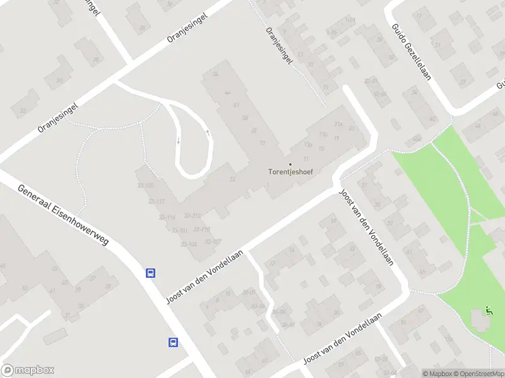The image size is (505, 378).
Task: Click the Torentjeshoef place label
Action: coord(291,171)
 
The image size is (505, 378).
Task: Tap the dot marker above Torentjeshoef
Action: coord(290,164)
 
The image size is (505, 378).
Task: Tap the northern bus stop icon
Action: coord(151,273)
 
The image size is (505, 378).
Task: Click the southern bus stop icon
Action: coord(173,343)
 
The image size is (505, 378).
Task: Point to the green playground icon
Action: coord(488,310)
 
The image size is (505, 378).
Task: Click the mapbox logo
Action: coord(28,370)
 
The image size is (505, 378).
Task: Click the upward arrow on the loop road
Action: coord(208,133)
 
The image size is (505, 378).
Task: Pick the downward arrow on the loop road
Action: coord(178,140)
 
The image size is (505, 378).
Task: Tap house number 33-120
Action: coord(146,186)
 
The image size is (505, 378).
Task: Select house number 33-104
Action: coord(189,244)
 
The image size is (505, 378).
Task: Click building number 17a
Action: coord(323,134)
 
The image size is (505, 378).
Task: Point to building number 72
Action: coord(262,142)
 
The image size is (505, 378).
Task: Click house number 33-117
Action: coord(156,202)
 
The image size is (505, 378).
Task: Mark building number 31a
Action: coord(339,124)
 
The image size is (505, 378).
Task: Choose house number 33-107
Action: coord(212,241)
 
